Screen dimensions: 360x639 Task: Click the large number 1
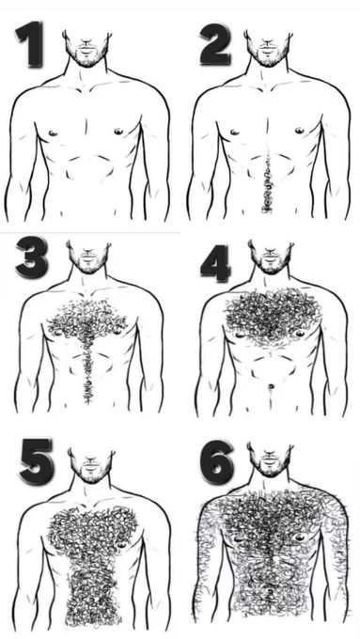pos(30,44)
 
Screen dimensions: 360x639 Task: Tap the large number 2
pos(214,44)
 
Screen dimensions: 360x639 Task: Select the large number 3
pos(32,257)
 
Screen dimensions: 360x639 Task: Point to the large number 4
pos(215,263)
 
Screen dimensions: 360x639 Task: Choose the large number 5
pos(37,461)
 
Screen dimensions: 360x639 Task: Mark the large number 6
pos(217,462)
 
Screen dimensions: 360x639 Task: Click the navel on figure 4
pos(270,386)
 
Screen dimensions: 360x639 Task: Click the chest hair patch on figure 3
pos(86,321)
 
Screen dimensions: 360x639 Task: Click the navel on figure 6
pos(270,590)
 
